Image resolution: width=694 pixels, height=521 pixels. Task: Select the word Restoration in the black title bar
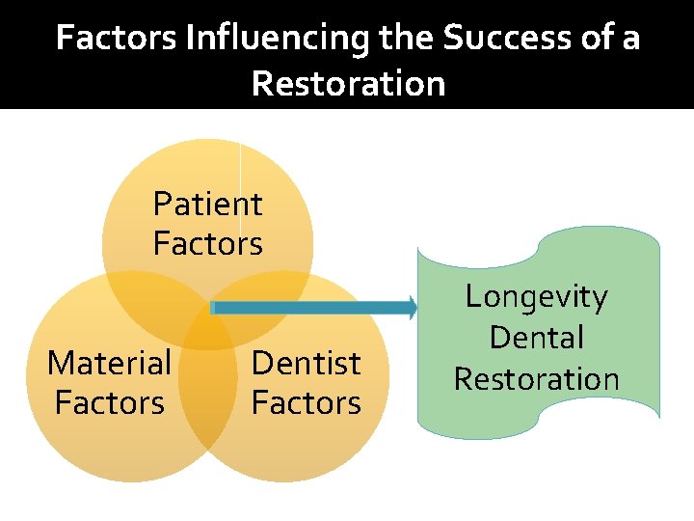(x=348, y=84)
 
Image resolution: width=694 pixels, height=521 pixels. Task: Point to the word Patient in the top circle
(x=207, y=204)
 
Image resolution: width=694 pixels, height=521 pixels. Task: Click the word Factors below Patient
(x=207, y=243)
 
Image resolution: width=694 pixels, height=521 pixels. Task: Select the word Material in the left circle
(x=109, y=363)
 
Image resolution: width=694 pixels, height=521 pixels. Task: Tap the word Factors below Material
(x=109, y=401)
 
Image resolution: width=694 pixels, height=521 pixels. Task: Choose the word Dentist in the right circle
(x=306, y=363)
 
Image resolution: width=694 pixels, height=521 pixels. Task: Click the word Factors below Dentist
(x=306, y=401)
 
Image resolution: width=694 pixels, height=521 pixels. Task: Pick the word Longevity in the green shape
(x=537, y=297)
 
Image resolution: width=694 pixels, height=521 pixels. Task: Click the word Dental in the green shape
(x=537, y=338)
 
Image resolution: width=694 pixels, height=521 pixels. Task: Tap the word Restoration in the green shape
(x=537, y=378)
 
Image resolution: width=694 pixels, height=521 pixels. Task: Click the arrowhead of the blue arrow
(x=412, y=308)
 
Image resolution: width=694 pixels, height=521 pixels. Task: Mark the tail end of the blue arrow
(x=214, y=308)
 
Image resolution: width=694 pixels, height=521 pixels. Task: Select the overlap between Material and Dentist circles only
(x=207, y=405)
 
